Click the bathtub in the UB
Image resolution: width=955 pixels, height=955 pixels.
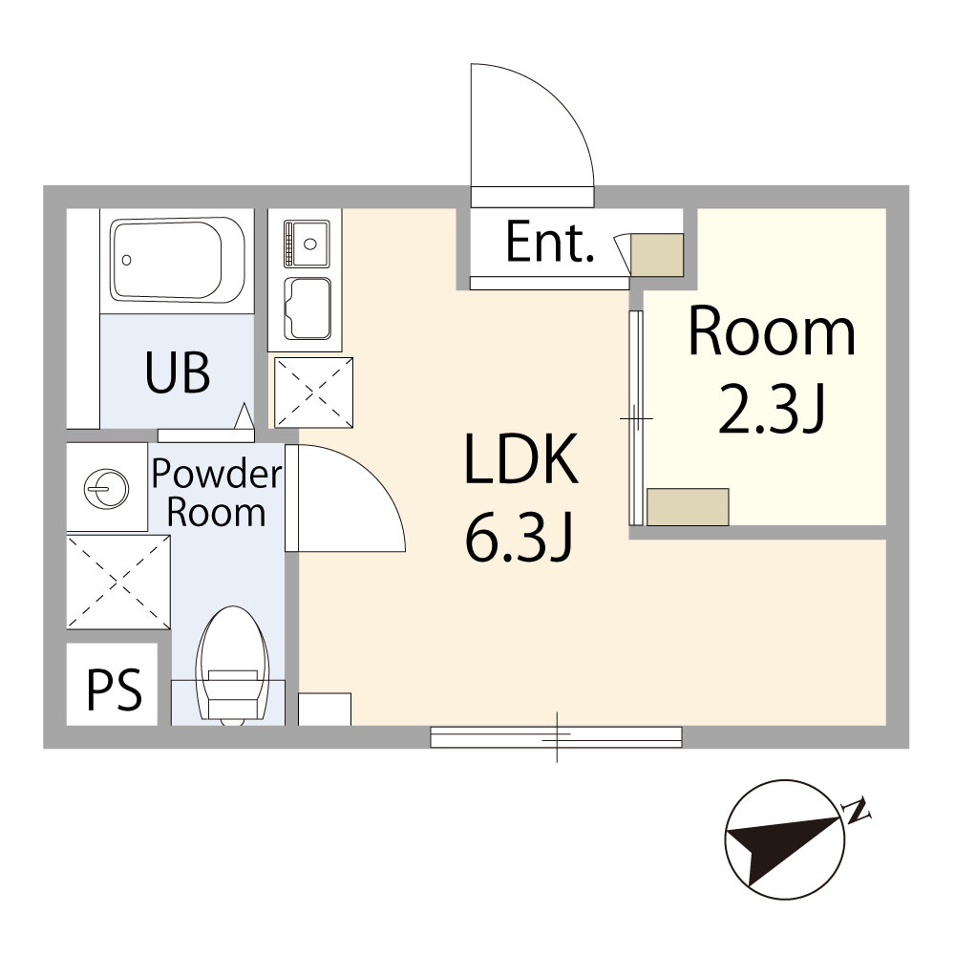[178, 260]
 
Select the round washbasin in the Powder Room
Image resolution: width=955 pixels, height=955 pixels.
[107, 487]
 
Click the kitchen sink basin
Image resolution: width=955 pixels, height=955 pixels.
[309, 308]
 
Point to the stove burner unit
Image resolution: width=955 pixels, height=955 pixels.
[306, 244]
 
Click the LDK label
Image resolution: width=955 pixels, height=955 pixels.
[520, 458]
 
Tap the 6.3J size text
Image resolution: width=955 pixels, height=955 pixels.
[519, 538]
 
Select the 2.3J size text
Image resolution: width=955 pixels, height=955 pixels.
[771, 410]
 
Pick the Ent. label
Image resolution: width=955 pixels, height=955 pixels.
[549, 242]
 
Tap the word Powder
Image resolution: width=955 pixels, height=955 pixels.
[217, 474]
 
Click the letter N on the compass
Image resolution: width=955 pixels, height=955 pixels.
[857, 811]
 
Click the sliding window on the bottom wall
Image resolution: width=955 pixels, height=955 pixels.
[556, 737]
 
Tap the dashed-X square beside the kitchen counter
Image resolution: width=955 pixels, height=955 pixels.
[313, 393]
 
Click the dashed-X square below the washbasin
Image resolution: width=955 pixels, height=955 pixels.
[118, 582]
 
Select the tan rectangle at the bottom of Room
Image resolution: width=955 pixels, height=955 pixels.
[688, 507]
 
